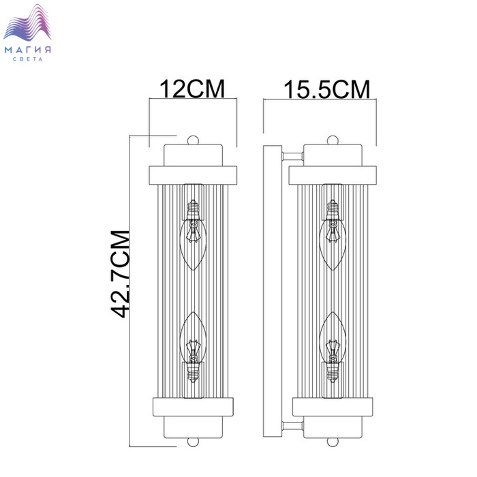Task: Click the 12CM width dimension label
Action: [192, 89]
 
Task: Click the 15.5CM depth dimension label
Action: [326, 89]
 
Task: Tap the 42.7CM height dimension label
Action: [121, 274]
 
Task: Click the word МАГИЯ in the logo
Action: [28, 50]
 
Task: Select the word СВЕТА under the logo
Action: [28, 59]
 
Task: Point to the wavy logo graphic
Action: [27, 22]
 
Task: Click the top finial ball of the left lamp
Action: [193, 140]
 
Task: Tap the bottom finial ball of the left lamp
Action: [193, 442]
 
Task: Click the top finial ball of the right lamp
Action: [333, 140]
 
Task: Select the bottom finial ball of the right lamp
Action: [333, 442]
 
